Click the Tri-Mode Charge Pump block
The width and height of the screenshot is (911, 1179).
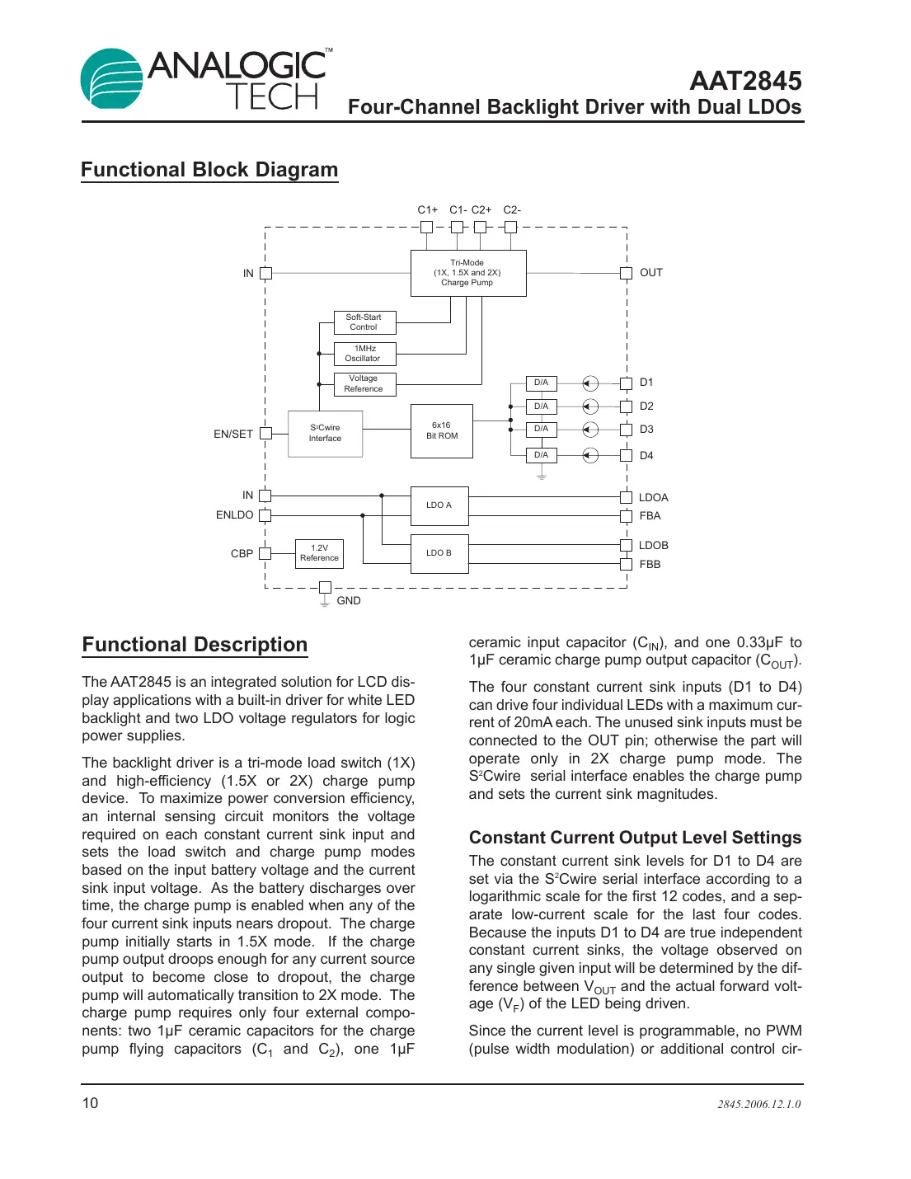coord(467,273)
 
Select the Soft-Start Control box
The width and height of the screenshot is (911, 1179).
coord(364,322)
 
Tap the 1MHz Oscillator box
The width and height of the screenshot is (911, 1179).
coord(364,354)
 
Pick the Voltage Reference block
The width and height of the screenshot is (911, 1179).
coord(364,384)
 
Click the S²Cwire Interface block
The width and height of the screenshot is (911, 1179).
coord(325,434)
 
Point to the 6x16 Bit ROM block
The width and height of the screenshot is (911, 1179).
coord(442,431)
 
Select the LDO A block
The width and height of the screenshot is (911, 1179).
coord(439,505)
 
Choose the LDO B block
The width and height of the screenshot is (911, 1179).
coord(439,553)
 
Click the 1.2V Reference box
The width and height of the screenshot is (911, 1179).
coord(319,553)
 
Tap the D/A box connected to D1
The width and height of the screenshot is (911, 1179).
coord(542,383)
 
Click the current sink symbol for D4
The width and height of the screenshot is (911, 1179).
coord(590,456)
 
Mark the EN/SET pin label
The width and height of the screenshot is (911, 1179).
coord(233,434)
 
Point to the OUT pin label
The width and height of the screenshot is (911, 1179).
coord(651,273)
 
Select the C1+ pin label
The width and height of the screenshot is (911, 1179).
coord(427,210)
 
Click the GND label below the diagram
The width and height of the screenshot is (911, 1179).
coord(349,601)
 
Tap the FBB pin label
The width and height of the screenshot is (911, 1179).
coord(650,565)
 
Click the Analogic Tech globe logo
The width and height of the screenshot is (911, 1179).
coord(111,78)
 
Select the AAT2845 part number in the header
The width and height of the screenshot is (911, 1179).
coord(745,81)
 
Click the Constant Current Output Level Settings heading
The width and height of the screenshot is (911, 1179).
coord(635,838)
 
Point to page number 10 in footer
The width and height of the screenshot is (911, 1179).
coord(90,1103)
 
